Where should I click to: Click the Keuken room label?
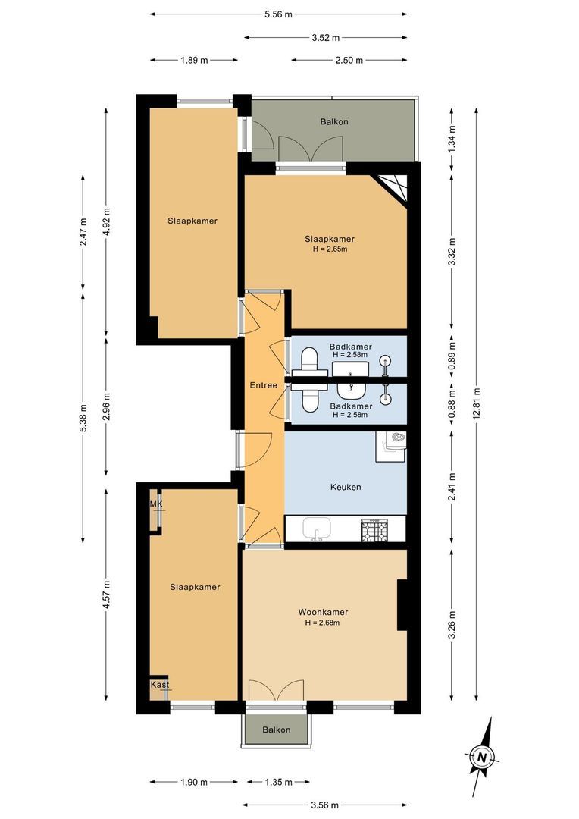(x=346, y=487)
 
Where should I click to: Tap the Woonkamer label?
(x=323, y=612)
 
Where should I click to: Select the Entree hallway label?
(x=264, y=385)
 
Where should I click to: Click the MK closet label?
(x=156, y=504)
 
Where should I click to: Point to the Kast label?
(x=160, y=685)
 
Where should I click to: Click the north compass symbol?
(x=482, y=756)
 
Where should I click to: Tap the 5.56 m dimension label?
(x=278, y=14)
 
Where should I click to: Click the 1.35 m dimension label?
(x=278, y=782)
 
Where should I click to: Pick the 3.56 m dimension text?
(x=325, y=805)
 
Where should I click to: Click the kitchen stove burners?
(x=374, y=531)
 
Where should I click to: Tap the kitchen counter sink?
(x=316, y=529)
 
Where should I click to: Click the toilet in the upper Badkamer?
(x=309, y=362)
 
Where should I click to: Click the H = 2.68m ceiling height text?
(x=323, y=623)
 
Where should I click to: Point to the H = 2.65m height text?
(x=330, y=249)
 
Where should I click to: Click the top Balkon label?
(x=334, y=121)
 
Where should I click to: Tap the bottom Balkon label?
(x=276, y=730)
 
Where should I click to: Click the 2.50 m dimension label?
(x=349, y=60)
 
